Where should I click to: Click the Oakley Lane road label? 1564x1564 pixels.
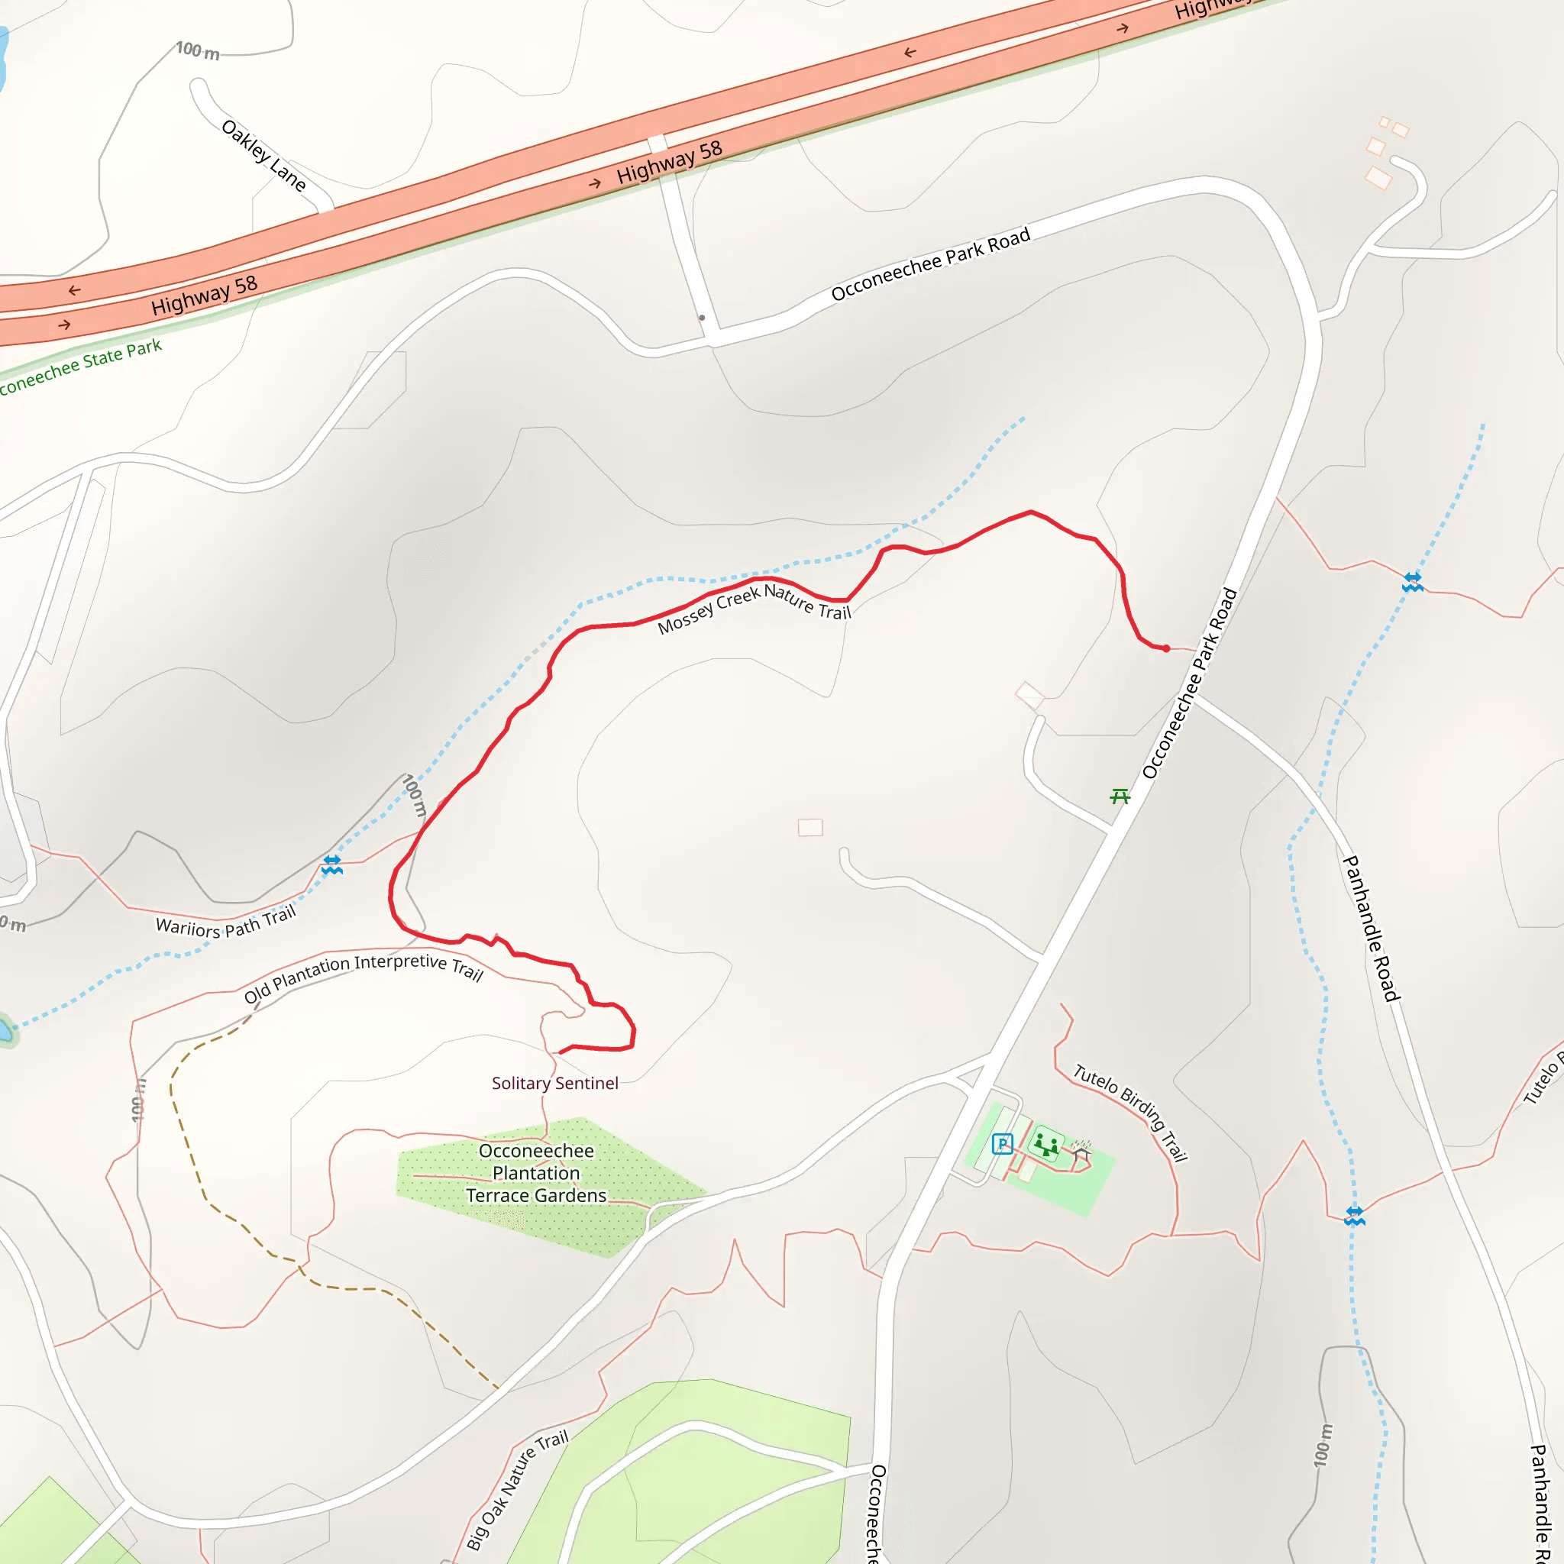pos(264,156)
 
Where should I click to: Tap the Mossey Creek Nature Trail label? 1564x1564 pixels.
pos(754,607)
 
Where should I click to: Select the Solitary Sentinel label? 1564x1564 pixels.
pos(554,1083)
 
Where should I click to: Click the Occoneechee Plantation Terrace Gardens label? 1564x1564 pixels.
pos(536,1173)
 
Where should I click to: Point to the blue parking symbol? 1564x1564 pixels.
pos(1002,1144)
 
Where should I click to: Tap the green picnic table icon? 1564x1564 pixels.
pos(1120,797)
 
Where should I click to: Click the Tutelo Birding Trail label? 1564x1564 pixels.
pos(1130,1112)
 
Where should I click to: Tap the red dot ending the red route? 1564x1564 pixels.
pos(1165,648)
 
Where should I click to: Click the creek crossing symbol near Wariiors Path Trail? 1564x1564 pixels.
pos(332,864)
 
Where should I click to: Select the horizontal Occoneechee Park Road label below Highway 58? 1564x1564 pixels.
pos(930,263)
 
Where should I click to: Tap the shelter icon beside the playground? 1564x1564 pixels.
pos(1081,1150)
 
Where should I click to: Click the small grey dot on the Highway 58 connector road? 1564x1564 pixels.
pos(702,318)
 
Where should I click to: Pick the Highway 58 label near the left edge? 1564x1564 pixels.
pos(204,295)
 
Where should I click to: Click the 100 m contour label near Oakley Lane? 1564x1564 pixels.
pos(198,51)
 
